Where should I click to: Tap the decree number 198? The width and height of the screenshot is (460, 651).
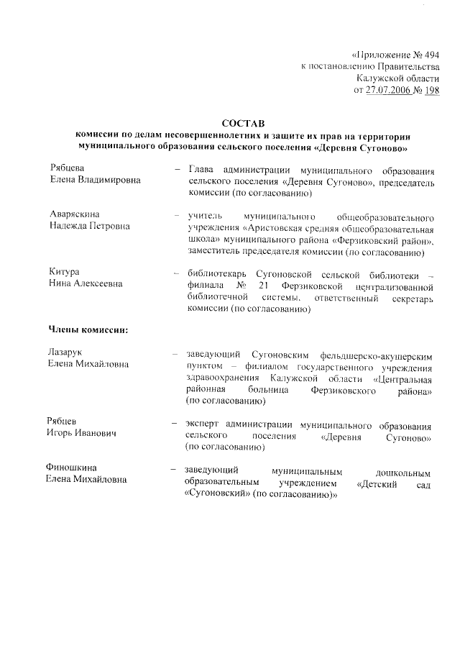click(x=431, y=90)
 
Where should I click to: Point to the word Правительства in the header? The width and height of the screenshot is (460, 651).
click(x=404, y=66)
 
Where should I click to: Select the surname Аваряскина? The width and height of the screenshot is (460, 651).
click(x=75, y=215)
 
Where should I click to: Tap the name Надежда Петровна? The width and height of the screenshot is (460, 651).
click(x=90, y=227)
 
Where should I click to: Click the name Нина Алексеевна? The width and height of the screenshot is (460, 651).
click(x=86, y=283)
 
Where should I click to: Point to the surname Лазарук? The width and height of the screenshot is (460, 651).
click(x=68, y=353)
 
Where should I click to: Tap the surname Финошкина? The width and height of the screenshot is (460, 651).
click(x=72, y=468)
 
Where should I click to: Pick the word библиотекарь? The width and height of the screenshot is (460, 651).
click(x=213, y=273)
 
